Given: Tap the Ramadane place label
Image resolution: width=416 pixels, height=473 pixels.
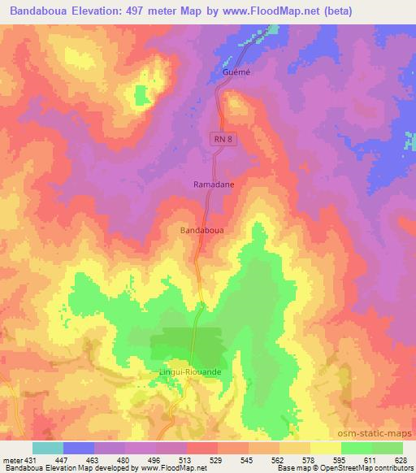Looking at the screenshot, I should (x=214, y=184).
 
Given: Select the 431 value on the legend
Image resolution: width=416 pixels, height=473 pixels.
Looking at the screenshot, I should (x=32, y=459).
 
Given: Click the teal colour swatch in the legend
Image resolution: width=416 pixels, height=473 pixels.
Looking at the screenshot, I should (x=47, y=448).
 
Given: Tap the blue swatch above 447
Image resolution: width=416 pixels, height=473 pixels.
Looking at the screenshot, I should (x=78, y=448).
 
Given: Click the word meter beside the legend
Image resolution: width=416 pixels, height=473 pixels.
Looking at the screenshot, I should (x=12, y=459).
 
